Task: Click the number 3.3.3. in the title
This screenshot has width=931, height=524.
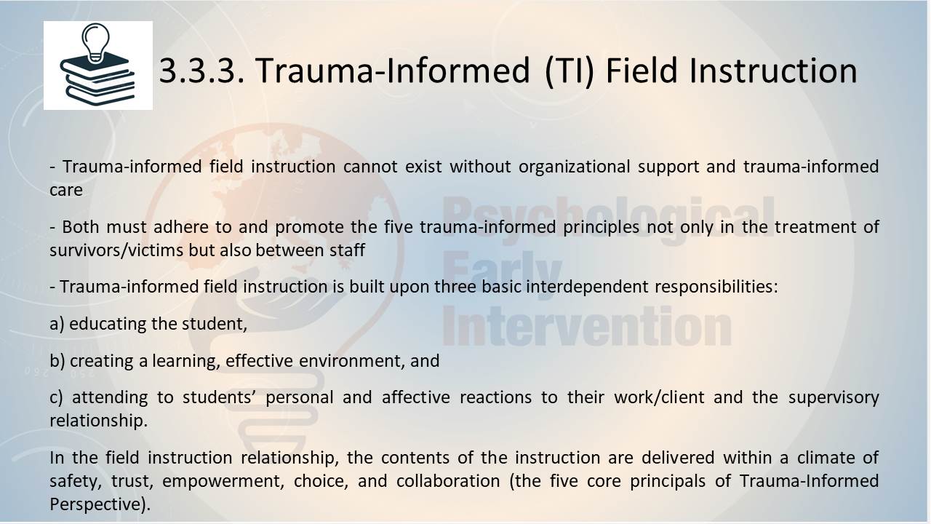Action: pos(202,71)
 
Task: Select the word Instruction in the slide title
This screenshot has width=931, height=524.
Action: pos(773,71)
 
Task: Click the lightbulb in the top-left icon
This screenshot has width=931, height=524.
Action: pos(96,43)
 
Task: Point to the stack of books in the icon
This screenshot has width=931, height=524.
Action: pos(98,80)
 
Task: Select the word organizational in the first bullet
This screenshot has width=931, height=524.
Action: pos(575,167)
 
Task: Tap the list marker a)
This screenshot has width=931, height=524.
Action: pos(57,325)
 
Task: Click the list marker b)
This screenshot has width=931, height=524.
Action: pos(57,360)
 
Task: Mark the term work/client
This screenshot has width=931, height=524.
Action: pos(659,397)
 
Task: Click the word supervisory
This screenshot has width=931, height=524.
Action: pos(834,398)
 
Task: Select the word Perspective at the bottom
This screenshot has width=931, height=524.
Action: pos(97,504)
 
